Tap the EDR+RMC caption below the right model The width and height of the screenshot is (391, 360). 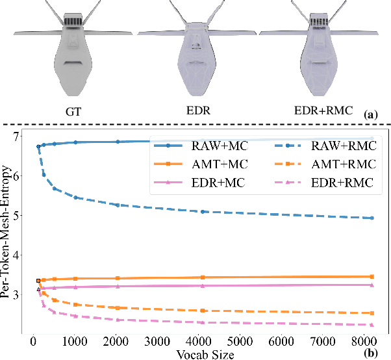[319, 111]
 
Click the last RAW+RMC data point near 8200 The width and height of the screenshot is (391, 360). [372, 218]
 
